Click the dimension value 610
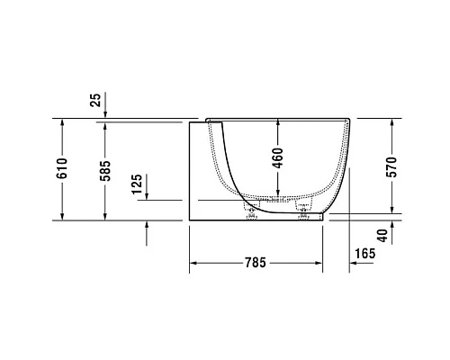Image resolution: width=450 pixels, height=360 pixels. tap(62, 169)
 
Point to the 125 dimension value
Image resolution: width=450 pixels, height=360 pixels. tap(136, 185)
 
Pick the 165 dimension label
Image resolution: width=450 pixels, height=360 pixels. tap(363, 256)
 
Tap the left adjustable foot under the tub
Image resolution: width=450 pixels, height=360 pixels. tap(249, 212)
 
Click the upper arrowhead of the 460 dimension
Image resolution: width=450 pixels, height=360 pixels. tap(277, 123)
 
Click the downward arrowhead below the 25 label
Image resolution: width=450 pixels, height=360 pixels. tap(105, 114)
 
